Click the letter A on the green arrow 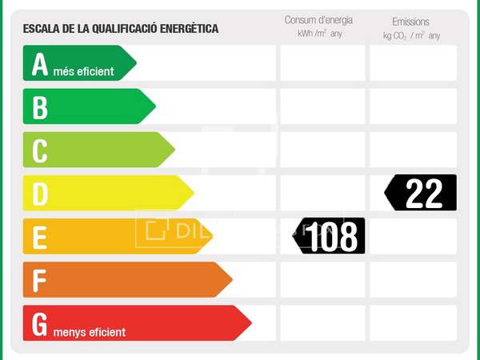coord(40,64)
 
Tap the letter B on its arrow coord(40,107)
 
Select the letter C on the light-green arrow coord(40,150)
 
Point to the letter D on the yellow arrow coord(40,194)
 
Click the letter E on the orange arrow coord(40,237)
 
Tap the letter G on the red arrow coord(40,323)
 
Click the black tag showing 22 coord(422,193)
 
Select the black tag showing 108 coord(330,237)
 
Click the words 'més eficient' coord(84,71)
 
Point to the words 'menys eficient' coord(90,331)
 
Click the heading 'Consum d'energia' coord(318,20)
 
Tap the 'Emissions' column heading coord(410,22)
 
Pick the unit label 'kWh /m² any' coord(318,34)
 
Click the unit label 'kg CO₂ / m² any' coord(411,36)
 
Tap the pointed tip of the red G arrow coord(250,323)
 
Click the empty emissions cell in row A coord(413,63)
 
